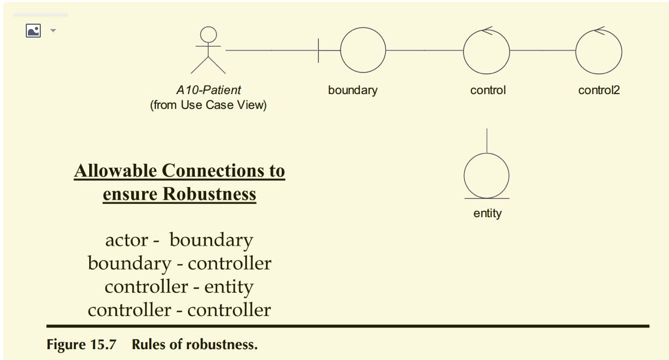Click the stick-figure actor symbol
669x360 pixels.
[208, 51]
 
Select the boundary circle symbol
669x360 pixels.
[363, 51]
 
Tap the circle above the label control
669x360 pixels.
[486, 51]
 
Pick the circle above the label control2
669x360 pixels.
[599, 51]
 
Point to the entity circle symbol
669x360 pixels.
[486, 176]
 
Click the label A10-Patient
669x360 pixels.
[208, 90]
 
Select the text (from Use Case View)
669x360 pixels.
[208, 105]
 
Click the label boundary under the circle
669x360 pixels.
[353, 90]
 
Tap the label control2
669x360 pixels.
[599, 90]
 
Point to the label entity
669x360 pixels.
[488, 213]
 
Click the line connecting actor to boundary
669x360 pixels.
[271, 51]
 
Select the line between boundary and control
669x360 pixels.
[424, 51]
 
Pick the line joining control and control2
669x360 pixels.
[542, 51]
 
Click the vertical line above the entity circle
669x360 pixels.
[486, 141]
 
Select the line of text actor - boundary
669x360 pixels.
[179, 240]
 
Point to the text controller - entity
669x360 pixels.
[179, 286]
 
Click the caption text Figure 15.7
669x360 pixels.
[81, 344]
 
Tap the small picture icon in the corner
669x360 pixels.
[33, 31]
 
